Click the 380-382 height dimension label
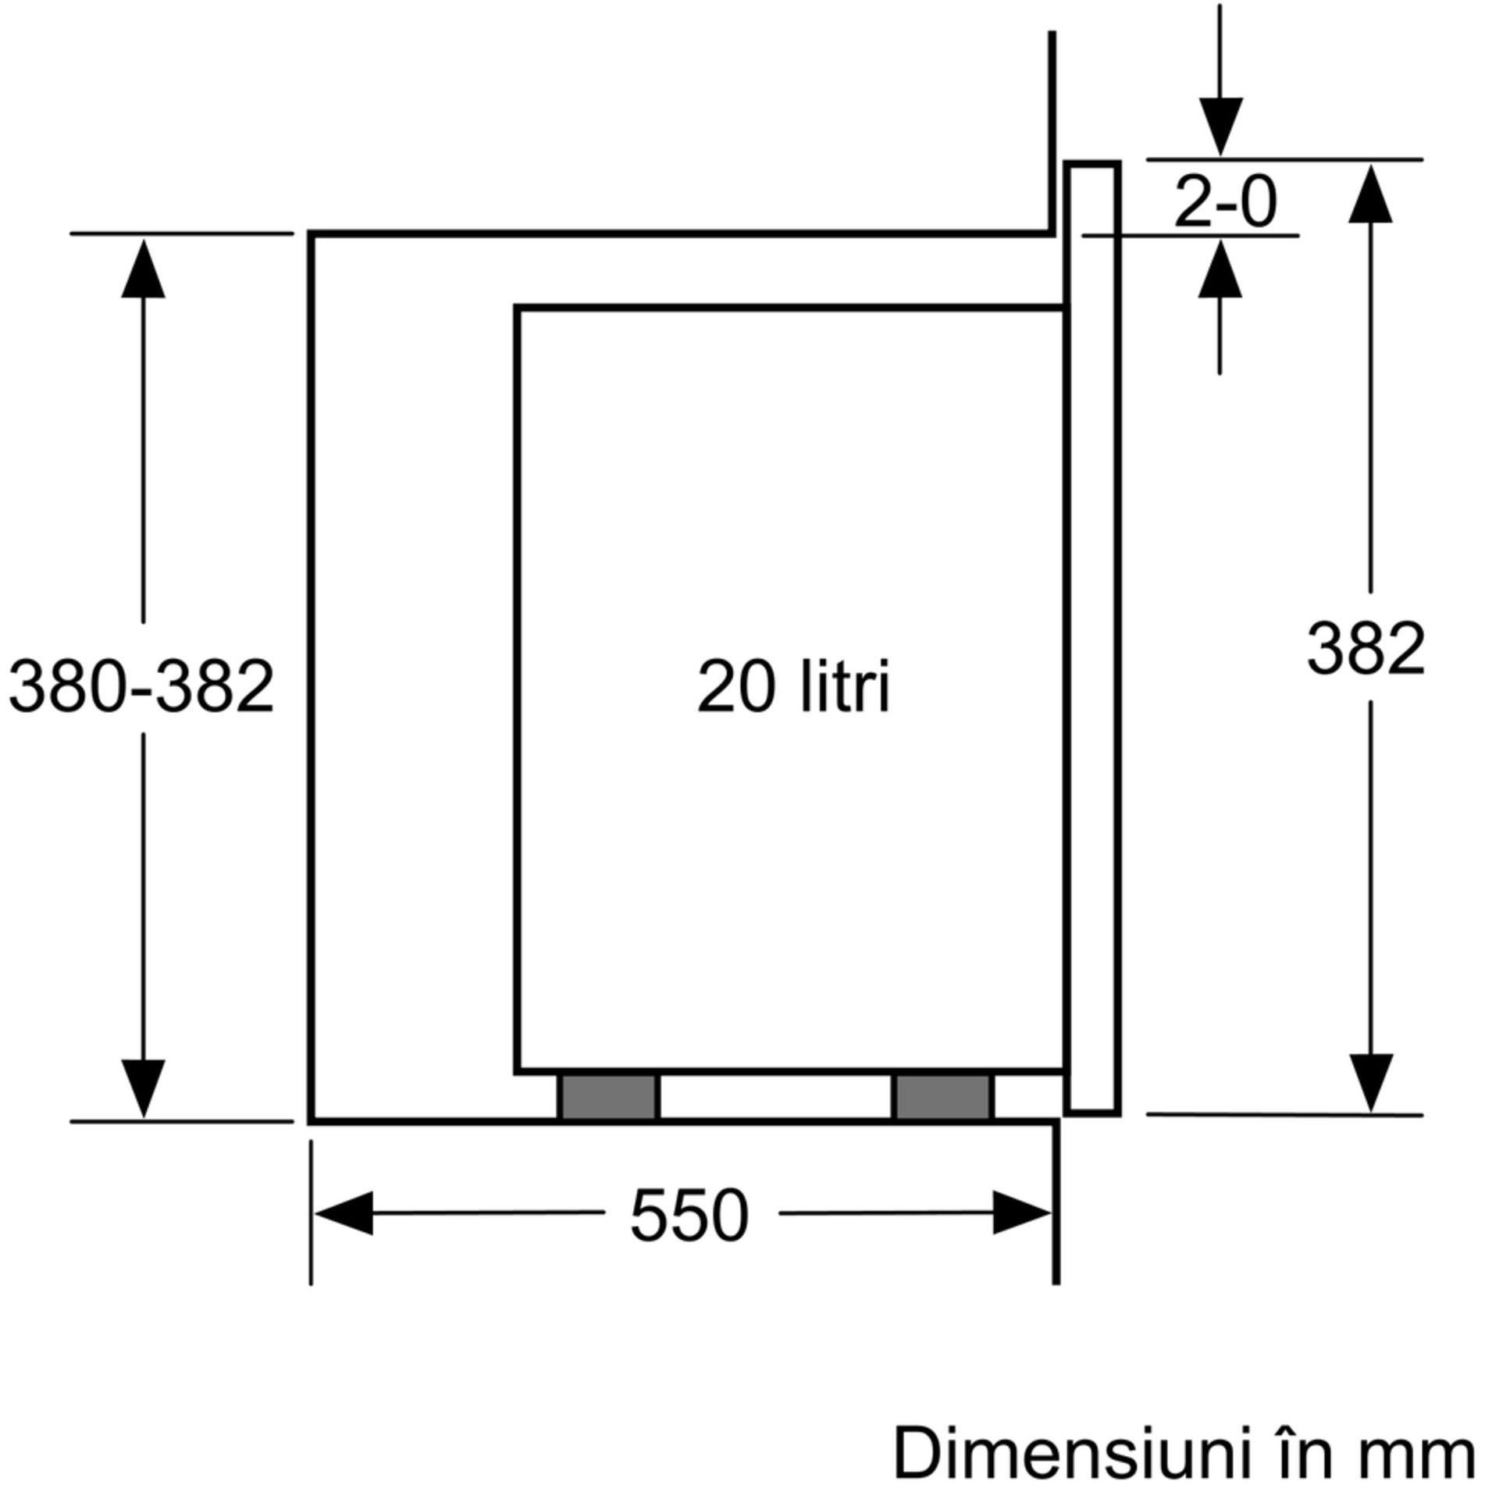tap(141, 686)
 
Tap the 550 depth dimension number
tap(689, 1216)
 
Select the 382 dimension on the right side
tap(1366, 649)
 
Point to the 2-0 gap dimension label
tap(1225, 202)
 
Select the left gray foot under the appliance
tap(609, 1097)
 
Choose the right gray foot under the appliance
tap(943, 1097)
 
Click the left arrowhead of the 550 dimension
tap(343, 1213)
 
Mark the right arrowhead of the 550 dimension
tap(1022, 1213)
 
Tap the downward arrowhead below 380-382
tap(143, 1088)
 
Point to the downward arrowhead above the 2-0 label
tap(1220, 127)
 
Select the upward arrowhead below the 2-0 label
tap(1220, 268)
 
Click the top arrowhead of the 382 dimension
tap(1370, 194)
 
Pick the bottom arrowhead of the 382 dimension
tap(1371, 1083)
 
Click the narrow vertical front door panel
tap(1092, 638)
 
